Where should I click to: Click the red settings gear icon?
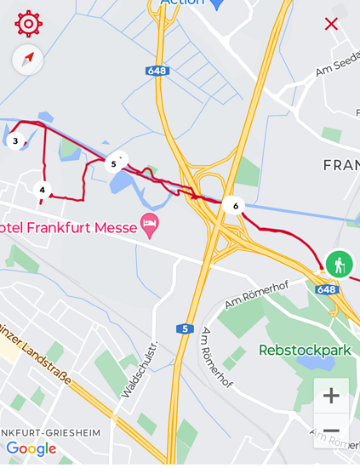pos(28,24)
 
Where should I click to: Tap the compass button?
pos(28,60)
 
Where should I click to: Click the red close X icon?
pos(331,24)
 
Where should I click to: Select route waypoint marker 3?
pos(15,141)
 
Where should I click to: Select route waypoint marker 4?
pos(42,190)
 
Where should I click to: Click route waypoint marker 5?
pos(114,163)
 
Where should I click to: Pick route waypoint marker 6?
pos(234,205)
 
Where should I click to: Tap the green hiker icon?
pos(339,264)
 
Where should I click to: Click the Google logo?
pos(31,448)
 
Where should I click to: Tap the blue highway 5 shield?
pos(185,328)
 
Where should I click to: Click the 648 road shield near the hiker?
pos(327,289)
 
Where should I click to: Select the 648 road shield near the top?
pos(156,71)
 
